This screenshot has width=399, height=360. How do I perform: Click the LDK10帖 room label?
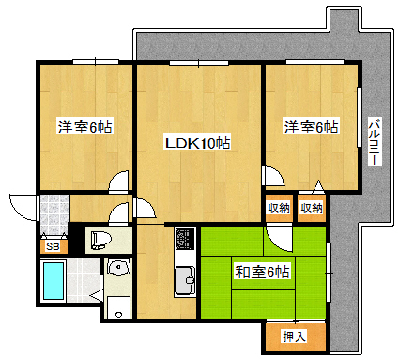(197, 143)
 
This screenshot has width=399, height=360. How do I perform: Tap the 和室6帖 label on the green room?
(262, 272)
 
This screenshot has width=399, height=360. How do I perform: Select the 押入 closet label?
(294, 337)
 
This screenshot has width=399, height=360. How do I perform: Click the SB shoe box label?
(53, 246)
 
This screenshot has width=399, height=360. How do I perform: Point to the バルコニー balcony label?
(375, 142)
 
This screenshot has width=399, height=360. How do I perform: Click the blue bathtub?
(54, 280)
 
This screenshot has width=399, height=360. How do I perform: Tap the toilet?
(100, 241)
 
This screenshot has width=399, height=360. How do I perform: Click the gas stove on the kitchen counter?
(185, 239)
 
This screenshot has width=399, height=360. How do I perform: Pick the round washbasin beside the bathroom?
(118, 267)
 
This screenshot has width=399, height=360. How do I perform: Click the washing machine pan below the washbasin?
(118, 307)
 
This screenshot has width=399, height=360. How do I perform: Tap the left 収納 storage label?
(278, 208)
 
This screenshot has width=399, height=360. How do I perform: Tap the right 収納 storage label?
(312, 208)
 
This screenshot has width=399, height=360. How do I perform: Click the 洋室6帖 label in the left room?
(84, 127)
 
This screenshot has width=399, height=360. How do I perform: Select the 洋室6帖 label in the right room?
(311, 127)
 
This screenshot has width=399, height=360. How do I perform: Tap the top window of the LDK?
(199, 63)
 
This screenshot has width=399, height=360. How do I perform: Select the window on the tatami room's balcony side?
(329, 273)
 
